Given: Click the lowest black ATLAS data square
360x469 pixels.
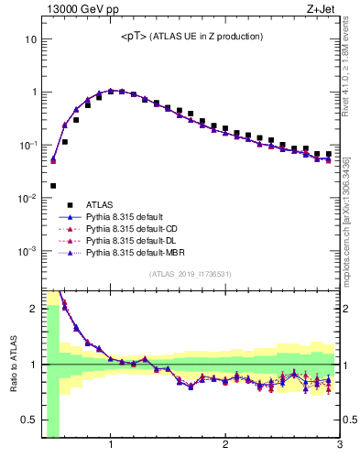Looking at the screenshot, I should pos(53,186).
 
